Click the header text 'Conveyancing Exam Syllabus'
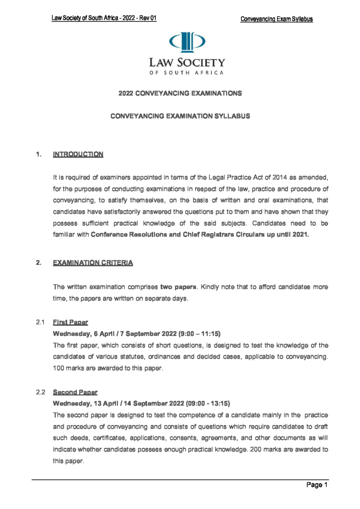[277, 19]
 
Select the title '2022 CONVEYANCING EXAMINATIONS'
[180, 93]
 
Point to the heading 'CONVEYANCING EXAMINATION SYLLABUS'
[180, 116]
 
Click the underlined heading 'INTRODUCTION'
[78, 154]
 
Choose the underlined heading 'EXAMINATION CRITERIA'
[93, 263]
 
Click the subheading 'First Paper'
[70, 323]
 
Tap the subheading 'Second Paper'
[75, 392]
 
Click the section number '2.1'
[41, 323]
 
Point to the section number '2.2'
[41, 392]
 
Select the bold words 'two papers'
[179, 287]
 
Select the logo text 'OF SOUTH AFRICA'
[187, 73]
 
